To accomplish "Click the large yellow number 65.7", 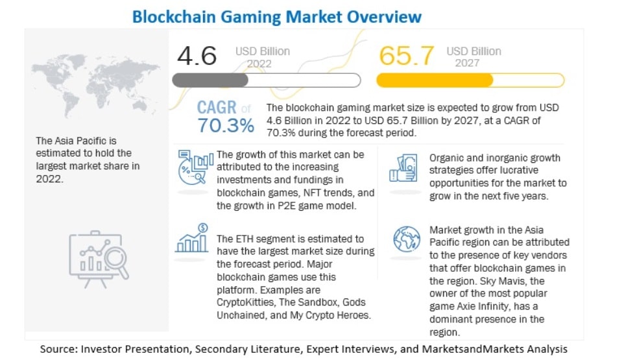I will pyautogui.click(x=406, y=56).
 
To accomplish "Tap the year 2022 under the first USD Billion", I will pyautogui.click(x=259, y=64).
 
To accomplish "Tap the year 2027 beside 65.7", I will pyautogui.click(x=468, y=63).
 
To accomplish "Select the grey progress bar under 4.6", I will pyautogui.click(x=266, y=80).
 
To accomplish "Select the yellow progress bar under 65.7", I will pyautogui.click(x=470, y=80).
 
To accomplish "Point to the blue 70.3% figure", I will pyautogui.click(x=226, y=125).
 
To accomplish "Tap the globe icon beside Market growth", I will pyautogui.click(x=407, y=239).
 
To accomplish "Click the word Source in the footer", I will pyautogui.click(x=58, y=349).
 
